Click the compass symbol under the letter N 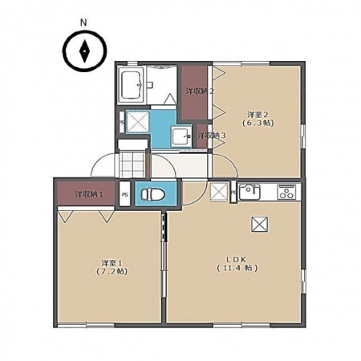coord(84,51)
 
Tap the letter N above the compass coord(84,23)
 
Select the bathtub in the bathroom coord(132,85)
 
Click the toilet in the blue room coord(152,193)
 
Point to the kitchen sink coord(249,192)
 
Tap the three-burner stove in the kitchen coord(286,192)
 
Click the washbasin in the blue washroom coord(181,136)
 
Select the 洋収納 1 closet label coord(89,194)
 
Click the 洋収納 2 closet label coord(200,91)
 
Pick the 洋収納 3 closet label coord(212,136)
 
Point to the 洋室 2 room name coord(258,115)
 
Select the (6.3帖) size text coord(258,124)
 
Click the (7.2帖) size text coord(112,271)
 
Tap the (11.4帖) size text coord(237,268)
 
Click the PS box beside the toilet coord(124,194)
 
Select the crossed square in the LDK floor coord(259,224)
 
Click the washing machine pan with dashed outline coord(137,121)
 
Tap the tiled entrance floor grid coord(132,164)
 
